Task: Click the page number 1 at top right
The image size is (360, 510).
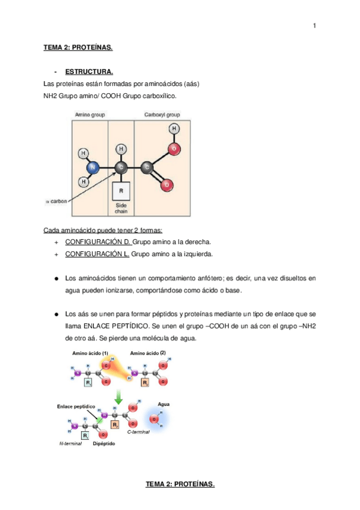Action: click(314, 26)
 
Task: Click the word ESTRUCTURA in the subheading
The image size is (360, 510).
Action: click(89, 72)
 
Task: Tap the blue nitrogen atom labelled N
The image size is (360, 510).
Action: click(93, 168)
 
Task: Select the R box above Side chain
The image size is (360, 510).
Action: click(121, 191)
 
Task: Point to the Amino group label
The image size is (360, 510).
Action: click(90, 114)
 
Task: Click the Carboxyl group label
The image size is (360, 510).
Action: click(162, 114)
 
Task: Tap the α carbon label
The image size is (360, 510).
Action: click(56, 201)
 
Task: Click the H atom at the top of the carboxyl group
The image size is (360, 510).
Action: click(174, 129)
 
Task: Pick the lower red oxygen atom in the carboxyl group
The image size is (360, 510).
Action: click(166, 185)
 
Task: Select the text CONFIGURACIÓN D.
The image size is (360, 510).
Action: click(98, 242)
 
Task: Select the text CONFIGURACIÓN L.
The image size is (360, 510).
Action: click(97, 254)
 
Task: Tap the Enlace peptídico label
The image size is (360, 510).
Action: click(76, 407)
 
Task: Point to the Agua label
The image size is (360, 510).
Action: click(163, 404)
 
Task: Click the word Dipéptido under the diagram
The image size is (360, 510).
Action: click(104, 444)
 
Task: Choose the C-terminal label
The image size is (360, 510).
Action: click(138, 432)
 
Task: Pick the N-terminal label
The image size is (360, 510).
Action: click(70, 444)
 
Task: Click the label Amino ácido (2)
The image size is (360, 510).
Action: click(148, 353)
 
